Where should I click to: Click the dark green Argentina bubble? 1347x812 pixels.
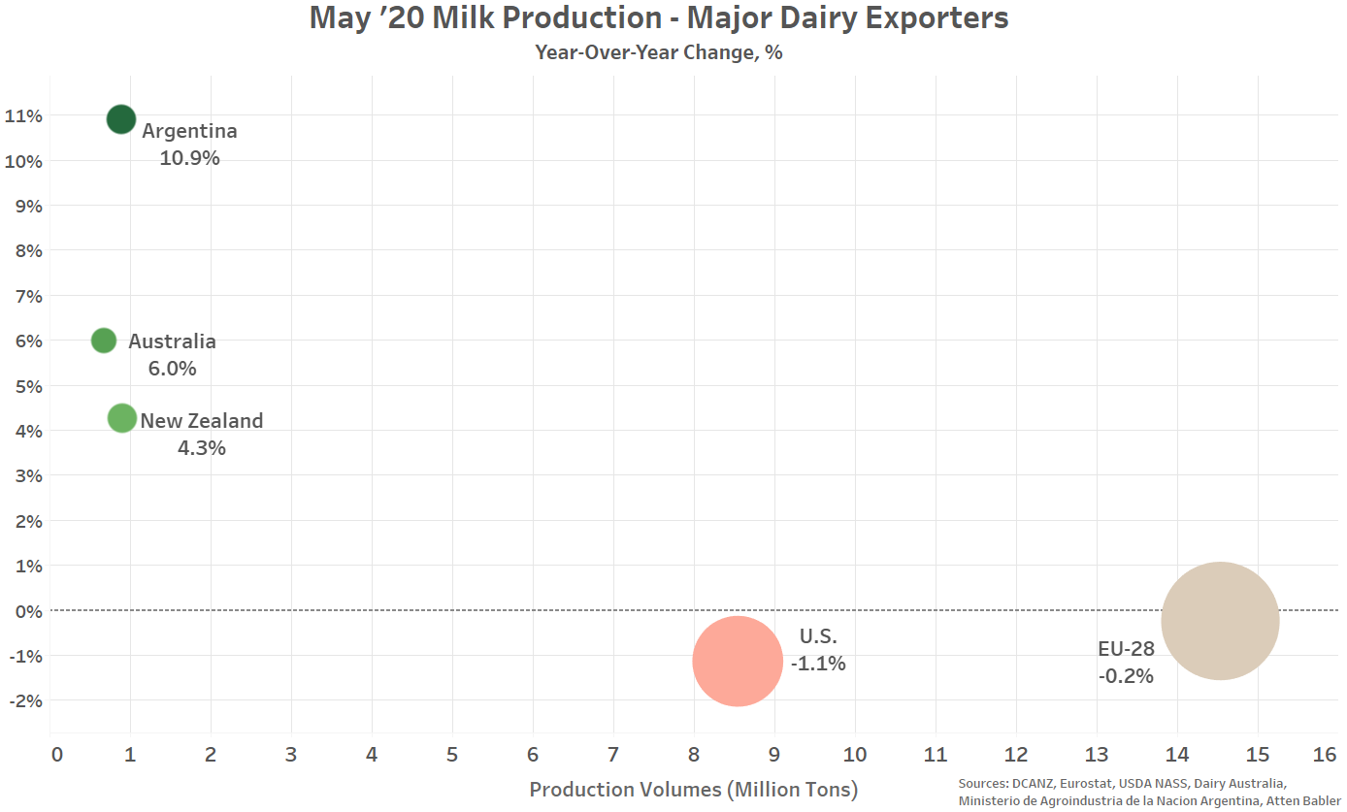pos(121,119)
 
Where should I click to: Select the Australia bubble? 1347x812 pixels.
pos(104,341)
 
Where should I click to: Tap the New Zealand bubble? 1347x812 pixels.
pos(122,418)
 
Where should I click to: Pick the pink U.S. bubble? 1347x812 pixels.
pos(738,661)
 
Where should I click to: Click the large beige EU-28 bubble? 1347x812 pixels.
pos(1220,621)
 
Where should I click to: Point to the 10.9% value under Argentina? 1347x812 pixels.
pos(189,158)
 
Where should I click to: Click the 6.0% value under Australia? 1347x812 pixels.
pos(172,369)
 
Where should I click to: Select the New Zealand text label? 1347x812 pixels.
pos(202,421)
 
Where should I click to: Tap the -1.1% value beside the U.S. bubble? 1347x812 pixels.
pos(818,664)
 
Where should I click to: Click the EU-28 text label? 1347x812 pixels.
pos(1126,649)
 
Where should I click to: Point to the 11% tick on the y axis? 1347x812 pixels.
pos(23,115)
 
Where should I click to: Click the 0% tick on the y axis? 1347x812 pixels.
pos(29,611)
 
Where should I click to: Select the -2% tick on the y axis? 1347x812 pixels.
pos(26,700)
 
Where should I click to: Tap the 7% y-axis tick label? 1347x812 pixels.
pos(29,296)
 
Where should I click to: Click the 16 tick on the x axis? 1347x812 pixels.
pos(1324,755)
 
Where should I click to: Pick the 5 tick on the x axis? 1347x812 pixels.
pos(451,755)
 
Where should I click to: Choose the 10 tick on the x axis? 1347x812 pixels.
pos(855,755)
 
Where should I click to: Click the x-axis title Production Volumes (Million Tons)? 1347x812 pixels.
pos(693,789)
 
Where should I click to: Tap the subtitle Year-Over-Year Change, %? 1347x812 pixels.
pos(659,53)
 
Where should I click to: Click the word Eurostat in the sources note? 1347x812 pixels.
pos(1086,784)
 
